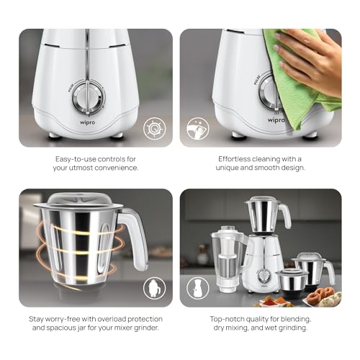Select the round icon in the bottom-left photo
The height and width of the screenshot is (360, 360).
(x=154, y=288)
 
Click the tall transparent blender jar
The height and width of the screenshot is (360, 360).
(x=228, y=255)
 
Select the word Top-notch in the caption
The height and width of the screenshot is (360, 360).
(x=225, y=319)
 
